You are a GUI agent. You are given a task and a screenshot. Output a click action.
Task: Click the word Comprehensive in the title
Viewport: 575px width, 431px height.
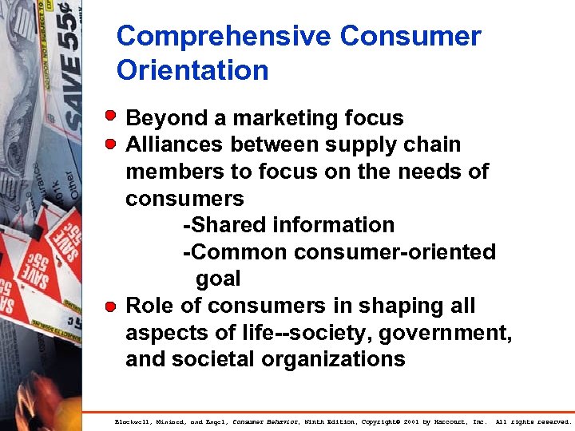(x=224, y=37)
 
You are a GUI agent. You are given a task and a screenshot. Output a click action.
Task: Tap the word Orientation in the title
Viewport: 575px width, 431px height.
(x=192, y=70)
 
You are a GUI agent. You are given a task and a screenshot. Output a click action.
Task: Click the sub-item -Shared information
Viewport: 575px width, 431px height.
(x=288, y=225)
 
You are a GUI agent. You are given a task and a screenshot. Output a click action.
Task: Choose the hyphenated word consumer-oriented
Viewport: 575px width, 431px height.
(x=395, y=252)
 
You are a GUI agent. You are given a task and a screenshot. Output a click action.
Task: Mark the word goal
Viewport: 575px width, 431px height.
(x=218, y=279)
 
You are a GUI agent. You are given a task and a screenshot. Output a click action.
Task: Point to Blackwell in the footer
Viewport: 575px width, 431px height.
(x=133, y=421)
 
